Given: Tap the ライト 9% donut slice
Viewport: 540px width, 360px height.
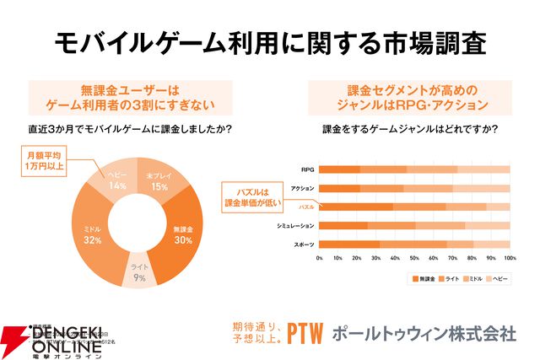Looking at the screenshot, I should (138, 271).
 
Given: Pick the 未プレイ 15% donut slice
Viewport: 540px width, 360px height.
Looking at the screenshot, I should (159, 180).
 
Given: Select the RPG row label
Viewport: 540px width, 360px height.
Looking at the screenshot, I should (308, 169).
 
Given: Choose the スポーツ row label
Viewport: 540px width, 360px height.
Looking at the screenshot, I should (304, 244).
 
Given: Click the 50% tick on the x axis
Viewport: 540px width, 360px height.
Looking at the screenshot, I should (414, 258).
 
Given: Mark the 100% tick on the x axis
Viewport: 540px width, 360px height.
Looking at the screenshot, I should (509, 258).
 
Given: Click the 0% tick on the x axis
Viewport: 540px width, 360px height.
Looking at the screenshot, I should (319, 258).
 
